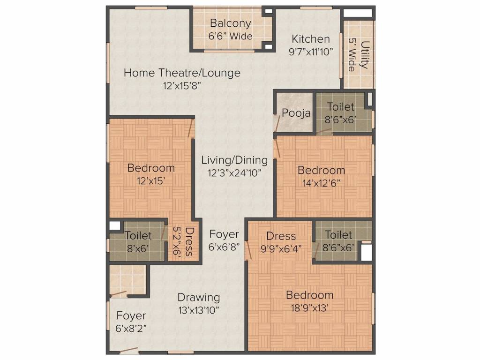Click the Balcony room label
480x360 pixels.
(230, 23)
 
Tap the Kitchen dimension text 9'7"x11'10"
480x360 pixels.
(311, 52)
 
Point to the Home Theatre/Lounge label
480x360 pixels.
(182, 73)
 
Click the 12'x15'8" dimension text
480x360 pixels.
(182, 86)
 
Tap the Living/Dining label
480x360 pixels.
(234, 160)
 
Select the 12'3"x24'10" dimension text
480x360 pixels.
(234, 172)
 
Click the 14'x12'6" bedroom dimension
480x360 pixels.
(321, 183)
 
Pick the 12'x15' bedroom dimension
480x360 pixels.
(151, 181)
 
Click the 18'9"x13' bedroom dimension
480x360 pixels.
(309, 308)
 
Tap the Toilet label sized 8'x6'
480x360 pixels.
(138, 235)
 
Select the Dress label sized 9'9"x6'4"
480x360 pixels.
(281, 236)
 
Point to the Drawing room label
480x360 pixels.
(198, 297)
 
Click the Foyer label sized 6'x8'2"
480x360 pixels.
(131, 315)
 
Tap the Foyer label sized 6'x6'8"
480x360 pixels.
(224, 234)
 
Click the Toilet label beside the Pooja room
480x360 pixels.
(340, 107)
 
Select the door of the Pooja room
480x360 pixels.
(277, 122)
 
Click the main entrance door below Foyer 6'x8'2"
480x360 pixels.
(128, 350)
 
